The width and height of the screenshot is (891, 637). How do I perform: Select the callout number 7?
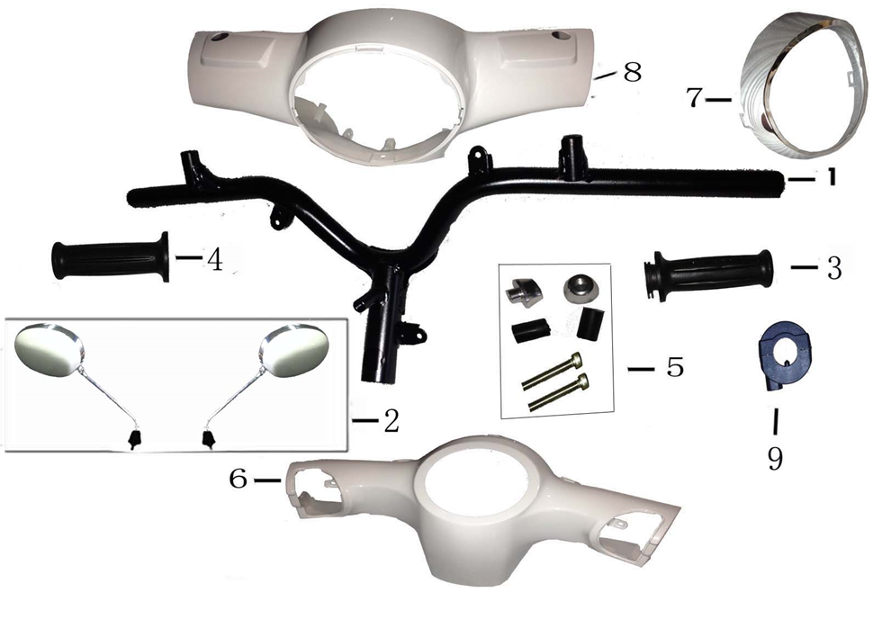[694, 98]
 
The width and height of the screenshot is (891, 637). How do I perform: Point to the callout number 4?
[214, 259]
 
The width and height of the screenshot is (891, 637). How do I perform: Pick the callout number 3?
[833, 268]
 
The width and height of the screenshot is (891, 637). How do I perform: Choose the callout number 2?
[391, 420]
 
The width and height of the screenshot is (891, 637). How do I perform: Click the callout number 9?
[775, 458]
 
